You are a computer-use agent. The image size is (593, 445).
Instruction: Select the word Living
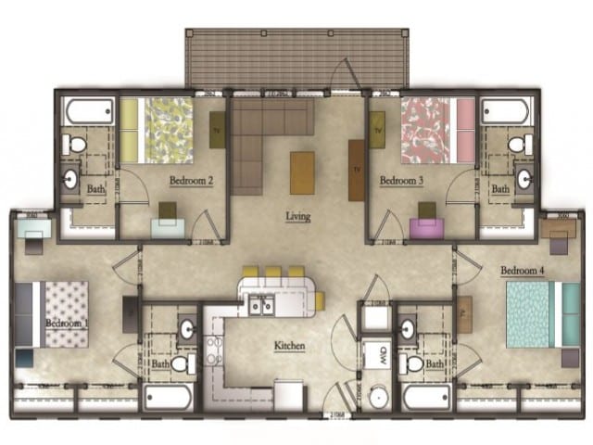(x=297, y=217)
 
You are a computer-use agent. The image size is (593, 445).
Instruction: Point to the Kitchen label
(x=289, y=347)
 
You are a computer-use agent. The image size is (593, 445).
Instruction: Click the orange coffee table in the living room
(x=302, y=172)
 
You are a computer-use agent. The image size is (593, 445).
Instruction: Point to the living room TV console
(x=357, y=169)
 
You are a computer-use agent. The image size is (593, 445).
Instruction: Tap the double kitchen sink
(x=260, y=305)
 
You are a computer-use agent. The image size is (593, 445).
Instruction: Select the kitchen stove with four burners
(x=214, y=351)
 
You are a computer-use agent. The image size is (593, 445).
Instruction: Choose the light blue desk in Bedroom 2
(x=167, y=228)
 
